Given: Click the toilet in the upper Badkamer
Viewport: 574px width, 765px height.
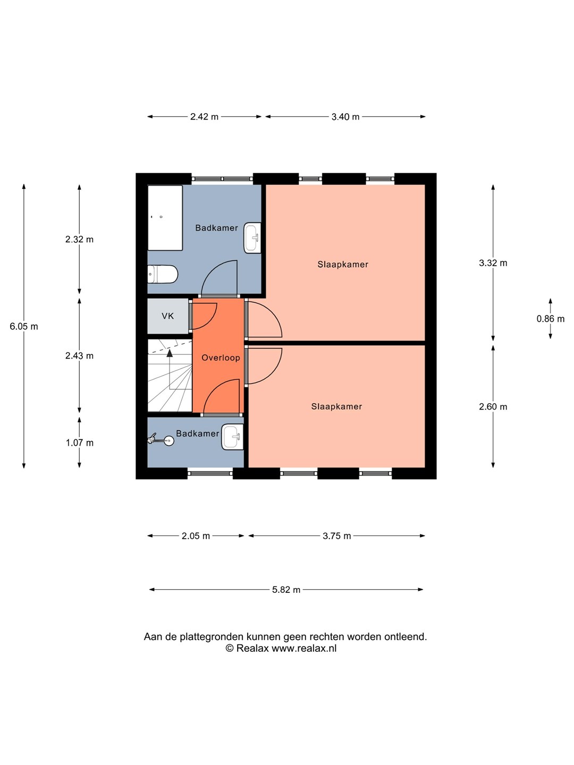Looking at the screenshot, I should tap(163, 275).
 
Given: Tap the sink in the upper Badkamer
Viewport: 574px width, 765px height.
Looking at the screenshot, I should tap(252, 237).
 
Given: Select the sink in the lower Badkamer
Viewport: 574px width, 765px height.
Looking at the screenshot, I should tap(232, 437).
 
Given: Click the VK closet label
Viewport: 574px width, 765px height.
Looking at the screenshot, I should tap(168, 316).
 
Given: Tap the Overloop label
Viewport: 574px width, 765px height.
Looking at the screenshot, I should tap(221, 358).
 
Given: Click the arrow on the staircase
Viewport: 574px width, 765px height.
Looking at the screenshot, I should tap(170, 353).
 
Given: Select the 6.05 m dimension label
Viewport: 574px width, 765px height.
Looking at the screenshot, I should tap(24, 327).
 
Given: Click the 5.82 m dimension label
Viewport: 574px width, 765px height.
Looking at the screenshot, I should tap(286, 590).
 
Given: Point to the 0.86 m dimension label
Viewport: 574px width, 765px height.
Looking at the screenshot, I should tap(551, 319).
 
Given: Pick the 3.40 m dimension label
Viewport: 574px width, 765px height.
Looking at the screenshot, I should tap(345, 117).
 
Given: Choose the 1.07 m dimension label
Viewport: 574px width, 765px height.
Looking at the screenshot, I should tap(80, 443).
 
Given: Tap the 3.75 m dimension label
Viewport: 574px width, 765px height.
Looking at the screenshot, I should tap(337, 536).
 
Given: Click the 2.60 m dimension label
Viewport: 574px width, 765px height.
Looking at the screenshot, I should tap(493, 407).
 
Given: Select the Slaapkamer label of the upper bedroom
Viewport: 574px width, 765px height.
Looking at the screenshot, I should tap(343, 264).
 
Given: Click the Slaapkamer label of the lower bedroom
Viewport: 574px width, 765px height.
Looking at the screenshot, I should tap(336, 406).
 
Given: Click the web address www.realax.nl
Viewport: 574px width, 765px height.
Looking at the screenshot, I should tap(304, 648).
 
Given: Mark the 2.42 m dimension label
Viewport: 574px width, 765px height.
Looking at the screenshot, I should tap(205, 117).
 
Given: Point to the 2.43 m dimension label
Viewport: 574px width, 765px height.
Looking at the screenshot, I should tap(80, 356).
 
